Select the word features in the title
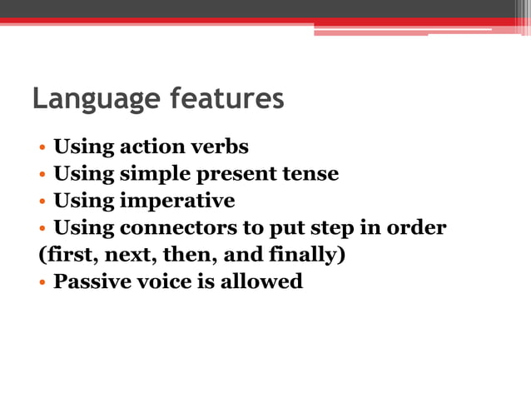click(x=226, y=98)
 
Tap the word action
click(x=149, y=147)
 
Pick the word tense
click(x=309, y=174)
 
